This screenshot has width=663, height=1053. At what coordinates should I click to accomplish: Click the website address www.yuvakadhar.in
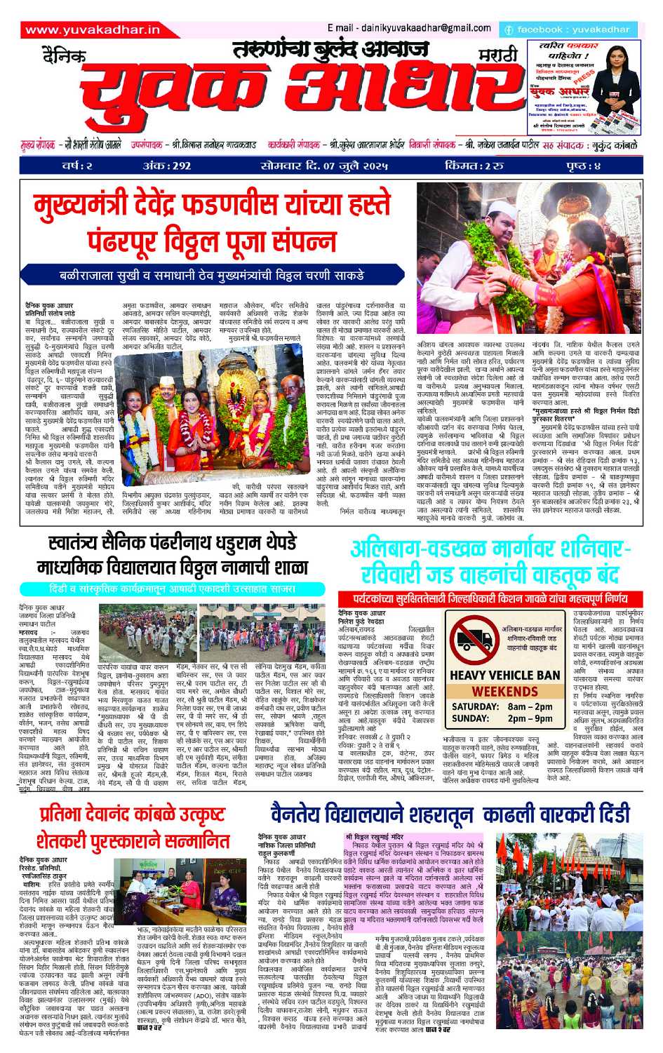tap(92, 29)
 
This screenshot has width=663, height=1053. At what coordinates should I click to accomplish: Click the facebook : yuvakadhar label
tap(568, 29)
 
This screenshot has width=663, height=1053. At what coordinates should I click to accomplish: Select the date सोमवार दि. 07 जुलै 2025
tap(323, 166)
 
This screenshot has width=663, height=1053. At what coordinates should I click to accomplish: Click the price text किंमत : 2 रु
tap(474, 166)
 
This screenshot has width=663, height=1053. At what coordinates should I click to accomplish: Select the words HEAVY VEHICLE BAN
tap(504, 676)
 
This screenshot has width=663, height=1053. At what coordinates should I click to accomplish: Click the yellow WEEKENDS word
tap(504, 691)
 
